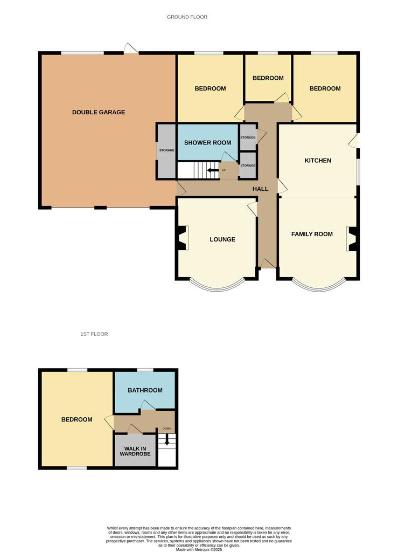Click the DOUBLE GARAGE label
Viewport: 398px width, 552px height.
click(99, 112)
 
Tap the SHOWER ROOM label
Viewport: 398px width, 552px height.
click(208, 142)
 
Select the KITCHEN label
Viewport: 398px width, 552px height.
click(318, 161)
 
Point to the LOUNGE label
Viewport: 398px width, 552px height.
click(222, 239)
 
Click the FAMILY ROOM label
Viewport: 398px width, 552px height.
click(312, 234)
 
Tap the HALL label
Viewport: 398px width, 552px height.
click(261, 189)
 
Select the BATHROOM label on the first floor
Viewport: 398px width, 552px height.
click(145, 390)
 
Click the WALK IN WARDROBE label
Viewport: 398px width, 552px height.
click(135, 451)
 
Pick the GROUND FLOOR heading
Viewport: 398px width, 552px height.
click(187, 17)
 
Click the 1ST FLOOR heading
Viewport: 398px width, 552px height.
click(94, 334)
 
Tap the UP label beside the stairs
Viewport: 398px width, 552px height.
click(224, 170)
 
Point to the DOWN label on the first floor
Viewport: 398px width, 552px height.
click(167, 429)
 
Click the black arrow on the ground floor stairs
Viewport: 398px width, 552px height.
click(213, 170)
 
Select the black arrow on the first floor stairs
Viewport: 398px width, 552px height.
click(167, 439)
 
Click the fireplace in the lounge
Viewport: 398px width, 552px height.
click(183, 238)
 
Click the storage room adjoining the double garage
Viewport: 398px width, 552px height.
click(166, 151)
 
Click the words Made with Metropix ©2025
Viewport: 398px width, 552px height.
click(199, 549)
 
